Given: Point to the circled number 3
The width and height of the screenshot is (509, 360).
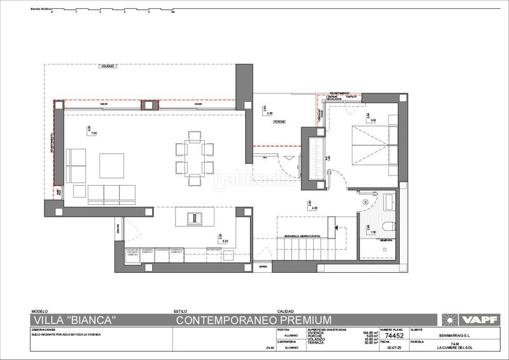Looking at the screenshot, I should click(x=366, y=202).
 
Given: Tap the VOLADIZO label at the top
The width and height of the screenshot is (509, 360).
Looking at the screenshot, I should click(x=106, y=66).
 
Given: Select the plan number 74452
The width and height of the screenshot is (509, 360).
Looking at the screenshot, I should click(x=396, y=336).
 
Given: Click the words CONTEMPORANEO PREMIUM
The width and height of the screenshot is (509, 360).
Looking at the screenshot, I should click(x=254, y=319).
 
